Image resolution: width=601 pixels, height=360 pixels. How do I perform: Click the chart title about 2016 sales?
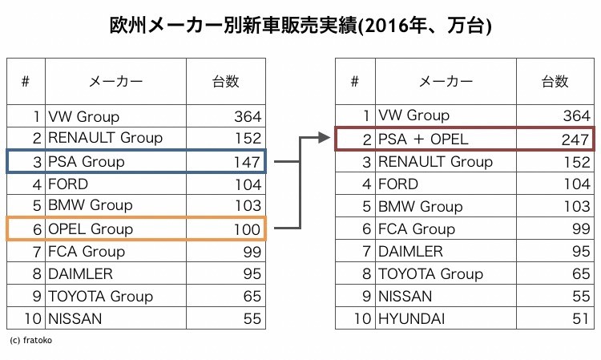(300, 25)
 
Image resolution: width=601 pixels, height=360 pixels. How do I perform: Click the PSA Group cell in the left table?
(87, 162)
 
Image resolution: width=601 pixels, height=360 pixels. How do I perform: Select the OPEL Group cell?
(91, 229)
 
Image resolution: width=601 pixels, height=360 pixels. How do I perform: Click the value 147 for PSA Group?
(246, 162)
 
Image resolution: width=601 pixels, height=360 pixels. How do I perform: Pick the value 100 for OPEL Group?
(246, 229)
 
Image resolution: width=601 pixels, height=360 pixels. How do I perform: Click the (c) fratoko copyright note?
(30, 340)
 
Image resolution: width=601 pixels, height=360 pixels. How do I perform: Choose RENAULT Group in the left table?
(105, 139)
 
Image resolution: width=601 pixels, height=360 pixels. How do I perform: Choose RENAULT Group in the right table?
(435, 162)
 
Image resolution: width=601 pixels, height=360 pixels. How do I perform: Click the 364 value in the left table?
(247, 116)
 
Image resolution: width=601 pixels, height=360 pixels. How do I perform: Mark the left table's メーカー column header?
(115, 81)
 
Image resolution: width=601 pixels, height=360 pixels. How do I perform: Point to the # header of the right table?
(355, 81)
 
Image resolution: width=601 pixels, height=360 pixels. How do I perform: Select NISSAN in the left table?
(75, 319)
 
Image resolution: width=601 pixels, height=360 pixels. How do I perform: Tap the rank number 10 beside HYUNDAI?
(363, 319)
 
